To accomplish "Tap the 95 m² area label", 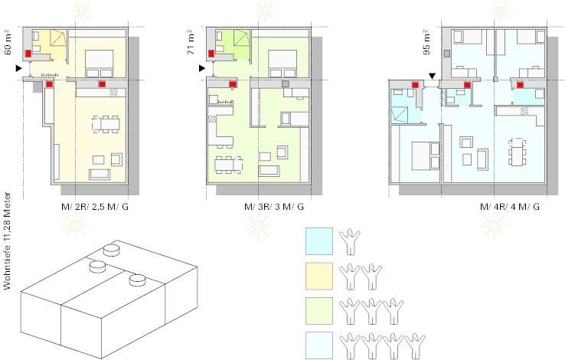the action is coord(426,44).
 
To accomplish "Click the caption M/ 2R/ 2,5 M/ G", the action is coord(95,207).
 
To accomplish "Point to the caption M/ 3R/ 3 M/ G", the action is coord(274,207).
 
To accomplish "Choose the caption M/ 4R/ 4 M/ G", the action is coord(510,207).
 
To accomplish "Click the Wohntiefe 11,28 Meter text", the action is coord(7,241).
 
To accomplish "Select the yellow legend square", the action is coord(319,276).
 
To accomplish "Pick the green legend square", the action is coord(319,311).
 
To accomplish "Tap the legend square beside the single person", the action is coord(319,241).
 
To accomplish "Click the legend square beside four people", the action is coord(319,345).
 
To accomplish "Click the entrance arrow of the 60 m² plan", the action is coord(18,68).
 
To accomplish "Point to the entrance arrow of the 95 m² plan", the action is coord(432,76).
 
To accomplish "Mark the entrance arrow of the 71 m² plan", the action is coord(202,68).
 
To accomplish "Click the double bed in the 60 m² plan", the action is coord(100,64).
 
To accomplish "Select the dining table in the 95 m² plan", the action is coord(517,152).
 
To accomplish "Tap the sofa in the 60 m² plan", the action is coord(100,175).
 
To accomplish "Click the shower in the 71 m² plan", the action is coord(242,38).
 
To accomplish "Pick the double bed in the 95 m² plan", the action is coord(426,155).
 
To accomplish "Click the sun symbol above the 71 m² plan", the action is coord(266,11).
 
